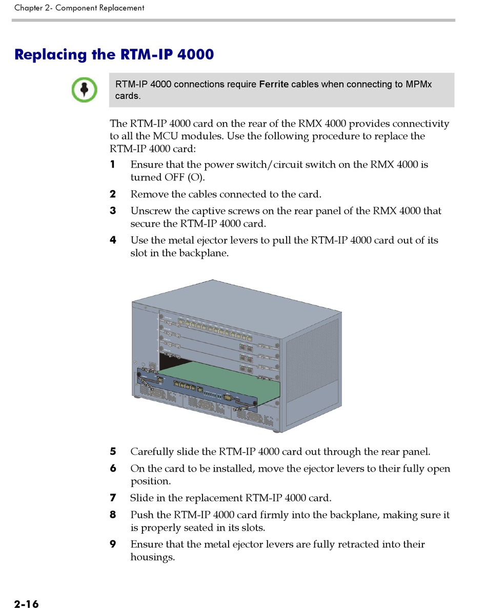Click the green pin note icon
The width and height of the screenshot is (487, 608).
coord(85,89)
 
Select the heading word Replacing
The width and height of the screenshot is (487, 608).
coord(50,54)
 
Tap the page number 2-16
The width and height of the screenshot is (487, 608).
coord(26,604)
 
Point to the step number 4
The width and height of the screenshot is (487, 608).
coord(113,240)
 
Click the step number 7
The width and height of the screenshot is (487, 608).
coord(113,498)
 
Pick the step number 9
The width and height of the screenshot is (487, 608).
coord(113,544)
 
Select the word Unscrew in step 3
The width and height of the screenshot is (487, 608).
coord(149,211)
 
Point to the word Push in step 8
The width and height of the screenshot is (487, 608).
coord(140,515)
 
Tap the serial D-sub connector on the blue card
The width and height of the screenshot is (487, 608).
coord(229,397)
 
